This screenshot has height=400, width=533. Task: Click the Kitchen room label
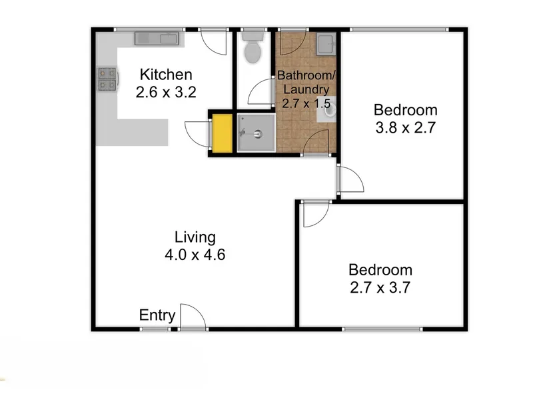tap(166, 75)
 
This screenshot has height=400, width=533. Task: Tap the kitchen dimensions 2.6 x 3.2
tap(166, 92)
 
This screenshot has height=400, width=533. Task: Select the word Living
tap(195, 238)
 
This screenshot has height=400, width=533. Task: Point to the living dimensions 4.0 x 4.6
tap(195, 255)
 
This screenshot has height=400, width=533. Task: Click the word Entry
tap(157, 315)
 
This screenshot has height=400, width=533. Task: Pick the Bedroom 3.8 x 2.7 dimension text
tap(406, 127)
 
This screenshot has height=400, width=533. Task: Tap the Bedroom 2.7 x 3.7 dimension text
tap(380, 288)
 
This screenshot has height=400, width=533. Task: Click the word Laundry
tap(306, 89)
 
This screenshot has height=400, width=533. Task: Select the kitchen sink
tap(157, 39)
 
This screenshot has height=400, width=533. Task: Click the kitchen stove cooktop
tap(107, 79)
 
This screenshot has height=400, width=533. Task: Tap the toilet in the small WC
tap(253, 48)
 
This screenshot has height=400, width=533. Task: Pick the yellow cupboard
tap(223, 133)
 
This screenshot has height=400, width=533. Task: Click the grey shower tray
tap(257, 133)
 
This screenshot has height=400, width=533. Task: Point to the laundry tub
tap(326, 44)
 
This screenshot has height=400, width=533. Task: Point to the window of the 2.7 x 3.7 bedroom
tap(382, 329)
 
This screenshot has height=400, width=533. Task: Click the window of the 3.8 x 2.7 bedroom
tap(399, 29)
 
